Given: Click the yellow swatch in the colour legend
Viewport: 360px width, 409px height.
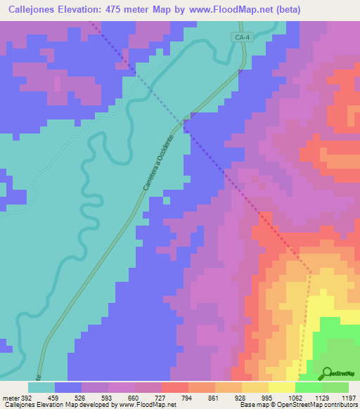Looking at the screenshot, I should point(282,387).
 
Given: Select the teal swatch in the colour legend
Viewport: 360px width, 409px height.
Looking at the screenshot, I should point(41,387).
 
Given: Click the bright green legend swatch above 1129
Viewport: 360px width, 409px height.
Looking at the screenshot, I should point(309,387).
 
